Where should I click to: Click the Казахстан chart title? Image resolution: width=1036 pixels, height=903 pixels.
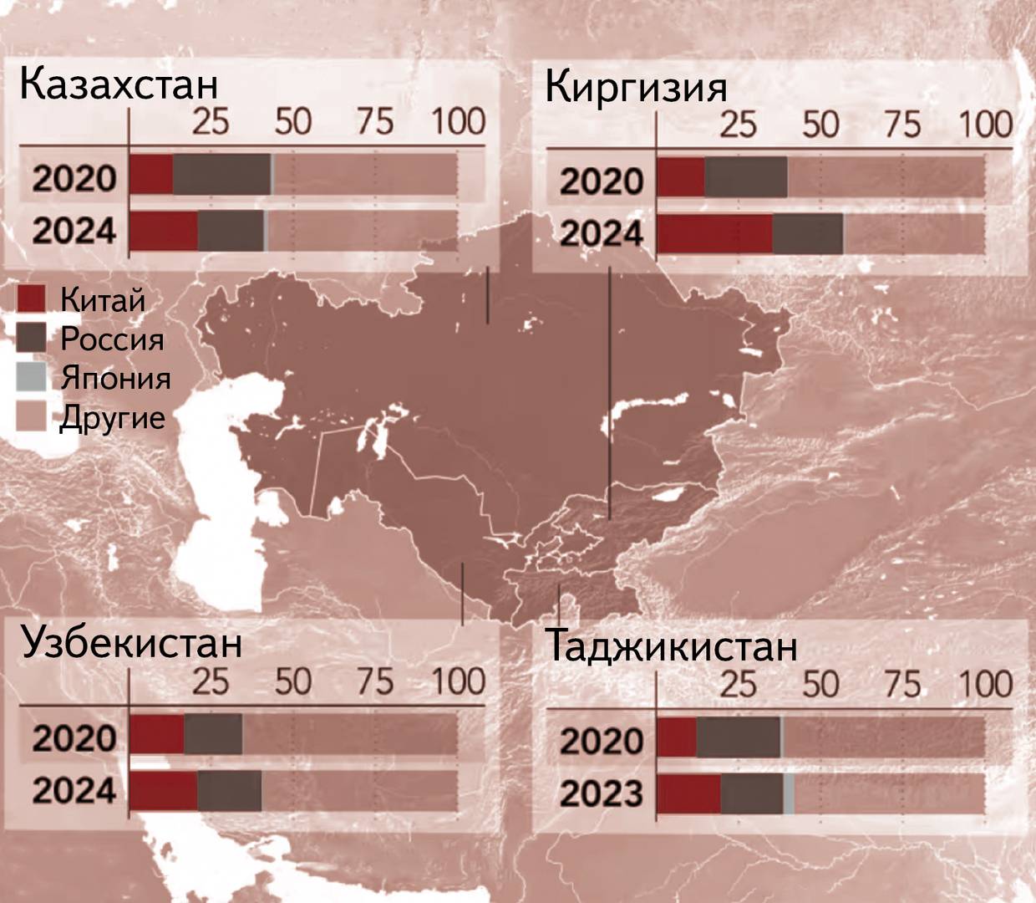pyautogui.click(x=118, y=84)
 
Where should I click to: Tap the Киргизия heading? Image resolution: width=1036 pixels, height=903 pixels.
pyautogui.click(x=636, y=87)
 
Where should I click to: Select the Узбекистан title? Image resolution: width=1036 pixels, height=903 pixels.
pyautogui.click(x=131, y=642)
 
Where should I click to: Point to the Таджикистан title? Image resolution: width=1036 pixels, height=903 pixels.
pyautogui.click(x=671, y=646)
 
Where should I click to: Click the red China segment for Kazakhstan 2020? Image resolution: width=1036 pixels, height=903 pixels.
pyautogui.click(x=151, y=175)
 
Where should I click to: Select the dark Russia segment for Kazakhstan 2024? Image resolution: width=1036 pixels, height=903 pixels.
pyautogui.click(x=231, y=230)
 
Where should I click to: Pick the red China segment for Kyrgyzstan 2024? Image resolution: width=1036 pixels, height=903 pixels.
pyautogui.click(x=714, y=234)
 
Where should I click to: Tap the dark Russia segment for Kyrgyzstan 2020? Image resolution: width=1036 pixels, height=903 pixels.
pyautogui.click(x=745, y=177)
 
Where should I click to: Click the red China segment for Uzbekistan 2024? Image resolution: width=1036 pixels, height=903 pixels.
pyautogui.click(x=164, y=791)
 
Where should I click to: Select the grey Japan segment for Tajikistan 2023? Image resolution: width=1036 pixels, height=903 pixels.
pyautogui.click(x=789, y=793)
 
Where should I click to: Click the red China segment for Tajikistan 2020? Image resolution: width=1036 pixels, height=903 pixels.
pyautogui.click(x=677, y=737)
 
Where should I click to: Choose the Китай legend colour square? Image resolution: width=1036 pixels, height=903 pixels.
pyautogui.click(x=31, y=298)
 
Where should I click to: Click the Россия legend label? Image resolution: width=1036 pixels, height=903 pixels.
pyautogui.click(x=112, y=339)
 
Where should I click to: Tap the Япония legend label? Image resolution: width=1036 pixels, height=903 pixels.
pyautogui.click(x=115, y=378)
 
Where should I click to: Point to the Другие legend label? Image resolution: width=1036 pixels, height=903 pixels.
pyautogui.click(x=112, y=417)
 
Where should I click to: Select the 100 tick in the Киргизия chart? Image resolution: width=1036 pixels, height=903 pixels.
pyautogui.click(x=985, y=125)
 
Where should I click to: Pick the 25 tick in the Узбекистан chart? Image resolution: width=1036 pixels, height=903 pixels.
pyautogui.click(x=211, y=681)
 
